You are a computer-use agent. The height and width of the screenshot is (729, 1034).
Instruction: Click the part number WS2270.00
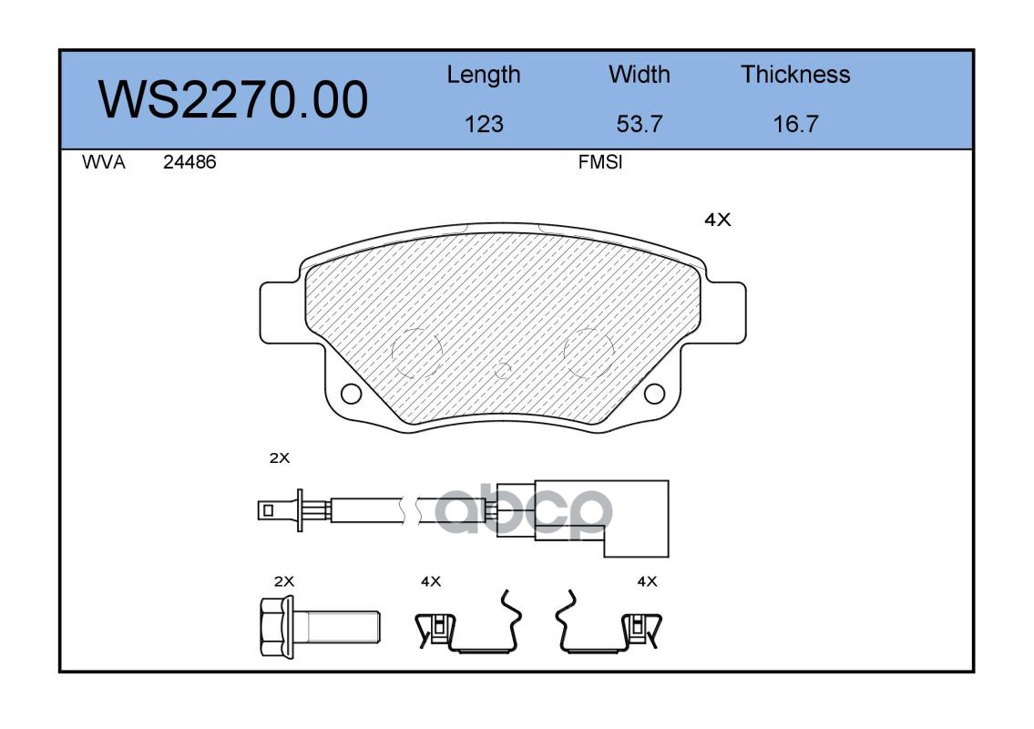(233, 99)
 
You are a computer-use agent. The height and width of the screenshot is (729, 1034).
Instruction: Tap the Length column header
(484, 75)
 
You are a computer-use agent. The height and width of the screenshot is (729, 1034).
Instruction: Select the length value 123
(484, 124)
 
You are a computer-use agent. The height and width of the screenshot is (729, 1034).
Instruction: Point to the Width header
(639, 74)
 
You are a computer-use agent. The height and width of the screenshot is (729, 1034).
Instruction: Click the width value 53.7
(639, 124)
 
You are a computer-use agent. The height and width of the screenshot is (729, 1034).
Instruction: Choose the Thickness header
(795, 74)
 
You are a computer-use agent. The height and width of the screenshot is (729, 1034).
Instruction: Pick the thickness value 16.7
(795, 124)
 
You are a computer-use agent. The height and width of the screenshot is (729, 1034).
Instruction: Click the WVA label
(104, 162)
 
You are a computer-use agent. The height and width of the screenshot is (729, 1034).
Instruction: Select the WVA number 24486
(189, 162)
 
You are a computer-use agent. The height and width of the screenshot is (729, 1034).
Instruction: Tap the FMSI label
(600, 162)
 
